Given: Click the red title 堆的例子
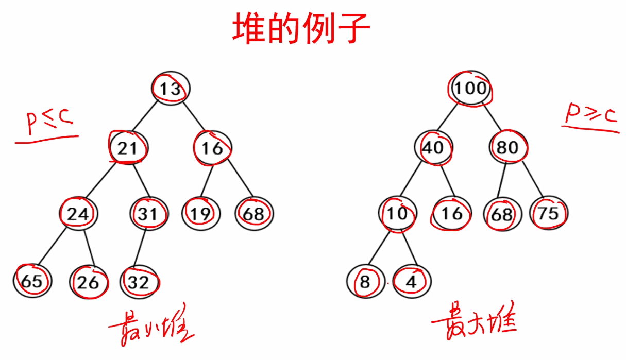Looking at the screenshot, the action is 301,29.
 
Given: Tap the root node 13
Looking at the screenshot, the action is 171,89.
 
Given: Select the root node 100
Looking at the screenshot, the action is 469,88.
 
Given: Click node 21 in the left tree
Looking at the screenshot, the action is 128,148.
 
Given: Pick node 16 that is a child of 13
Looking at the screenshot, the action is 212,148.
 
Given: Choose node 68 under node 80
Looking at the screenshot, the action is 502,213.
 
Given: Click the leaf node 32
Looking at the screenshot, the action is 139,282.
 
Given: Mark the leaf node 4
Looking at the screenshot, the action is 412,282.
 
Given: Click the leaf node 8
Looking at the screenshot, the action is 365,282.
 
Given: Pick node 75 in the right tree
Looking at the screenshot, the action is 549,213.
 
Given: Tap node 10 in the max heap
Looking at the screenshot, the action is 397,213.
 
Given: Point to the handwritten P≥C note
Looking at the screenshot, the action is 590,116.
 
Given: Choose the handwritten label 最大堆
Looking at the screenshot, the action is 474,324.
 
